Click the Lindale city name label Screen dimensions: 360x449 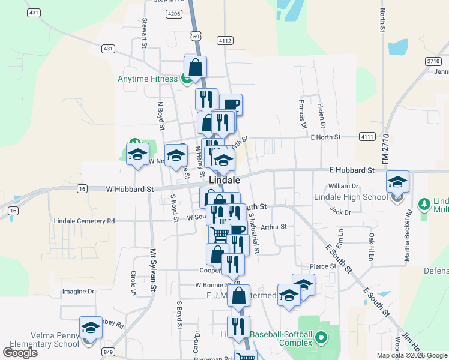tap(224, 180)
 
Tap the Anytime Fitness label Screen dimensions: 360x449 tap(147, 78)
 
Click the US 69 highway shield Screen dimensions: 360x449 tap(196, 36)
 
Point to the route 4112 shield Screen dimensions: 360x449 tap(225, 41)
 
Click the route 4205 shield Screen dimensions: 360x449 tap(175, 13)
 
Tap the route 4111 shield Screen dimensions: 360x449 tap(367, 137)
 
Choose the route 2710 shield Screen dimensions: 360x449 tap(433, 61)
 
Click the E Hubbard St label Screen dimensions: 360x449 tap(351, 170)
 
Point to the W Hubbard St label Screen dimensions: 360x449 tap(129, 189)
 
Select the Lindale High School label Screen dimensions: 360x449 tap(351, 197)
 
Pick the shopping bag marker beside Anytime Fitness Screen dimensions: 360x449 tap(195, 68)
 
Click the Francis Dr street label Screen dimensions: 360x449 tap(302, 109)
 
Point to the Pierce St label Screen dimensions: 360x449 tap(323, 266)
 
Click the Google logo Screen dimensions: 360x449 tap(20, 352)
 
